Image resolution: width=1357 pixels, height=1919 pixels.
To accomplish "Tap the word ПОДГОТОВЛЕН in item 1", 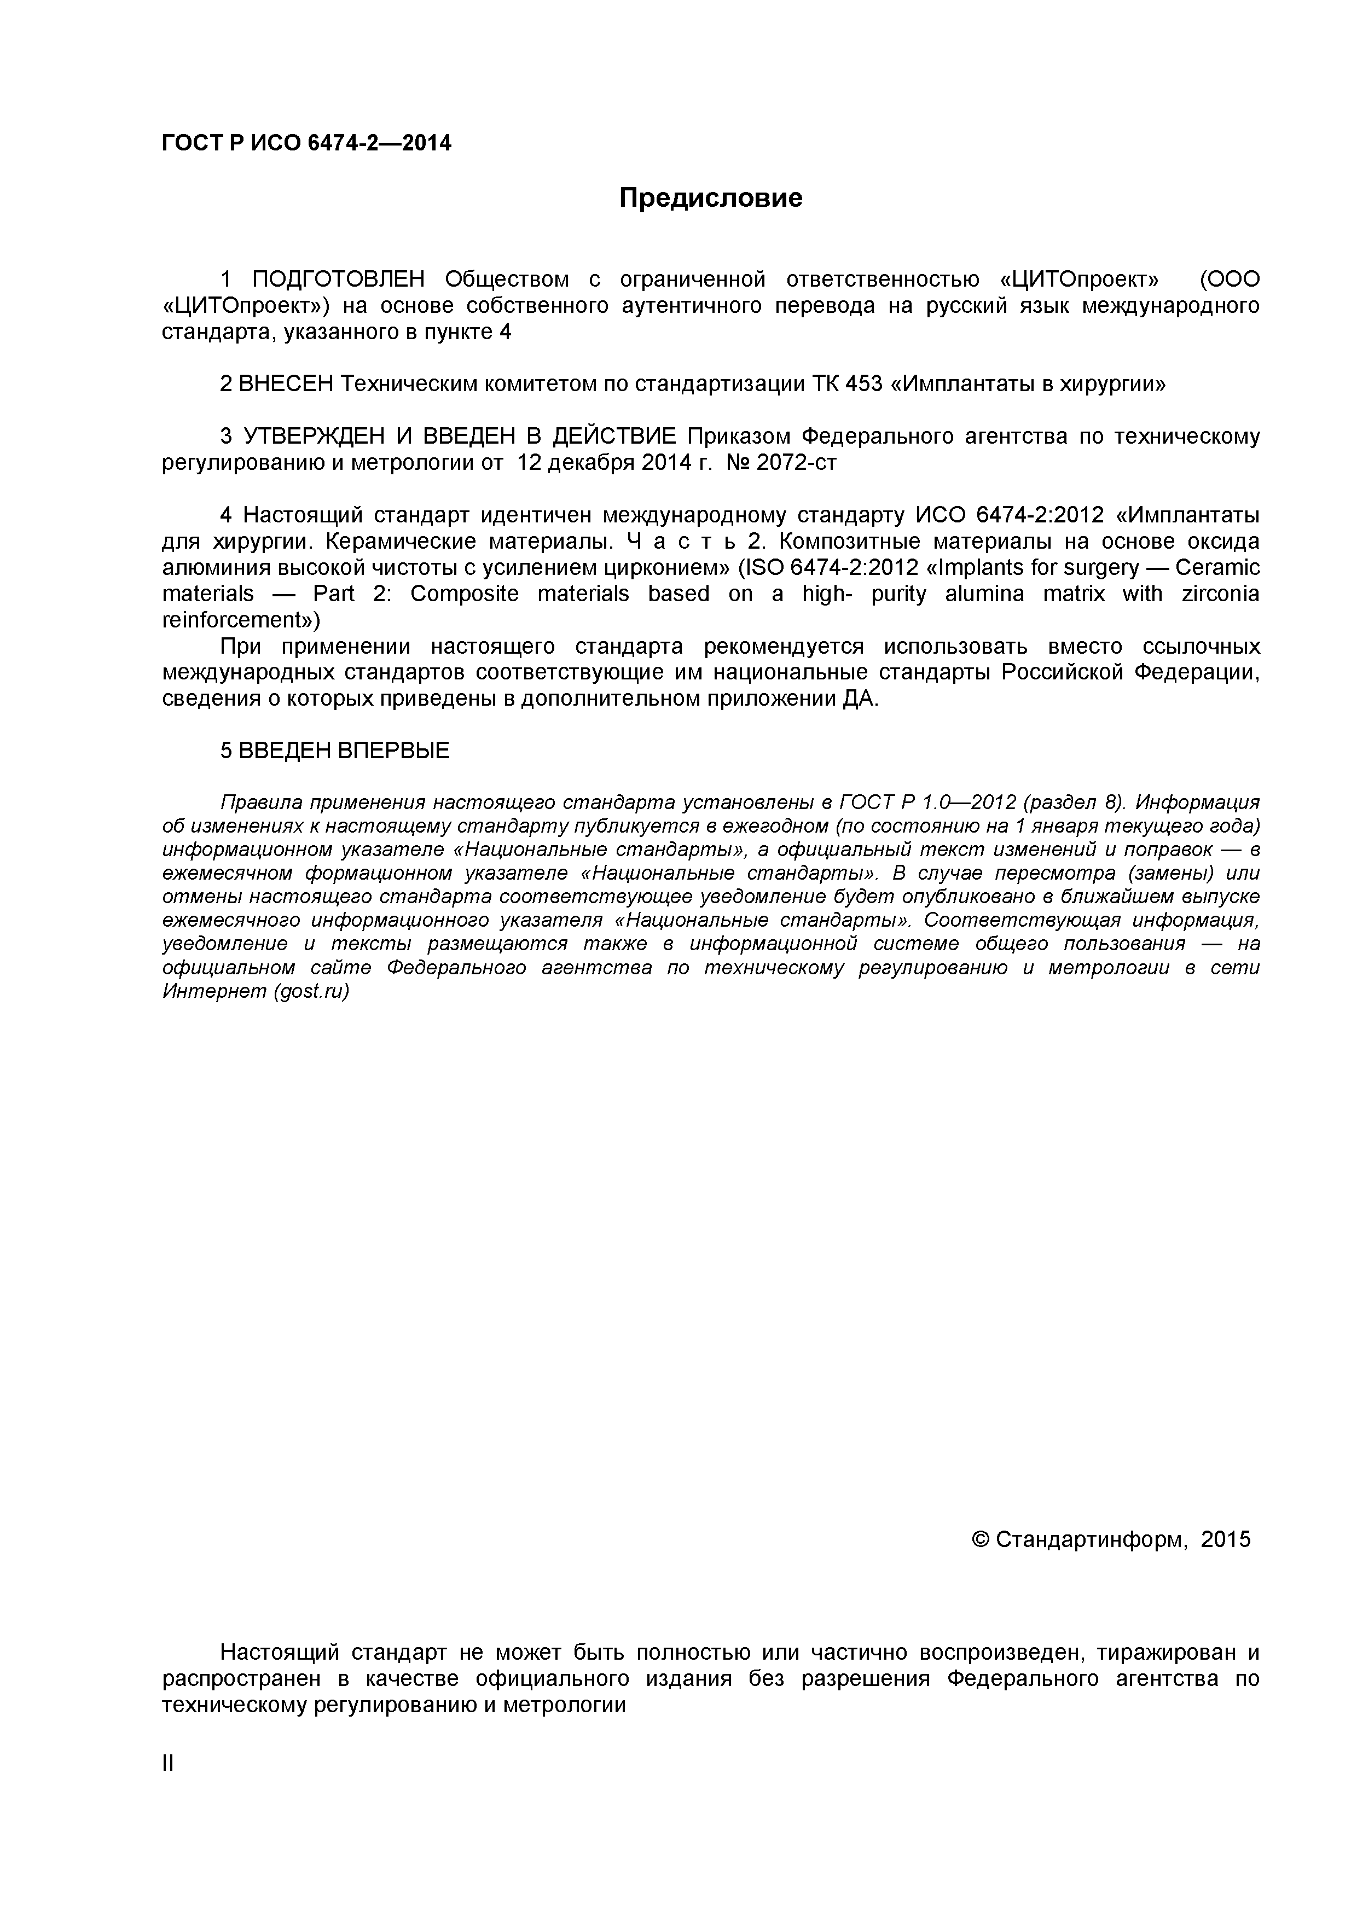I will tap(339, 279).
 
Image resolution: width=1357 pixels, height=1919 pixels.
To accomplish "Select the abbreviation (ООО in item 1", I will tap(1228, 279).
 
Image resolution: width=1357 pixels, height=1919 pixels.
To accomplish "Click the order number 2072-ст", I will tap(796, 463).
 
